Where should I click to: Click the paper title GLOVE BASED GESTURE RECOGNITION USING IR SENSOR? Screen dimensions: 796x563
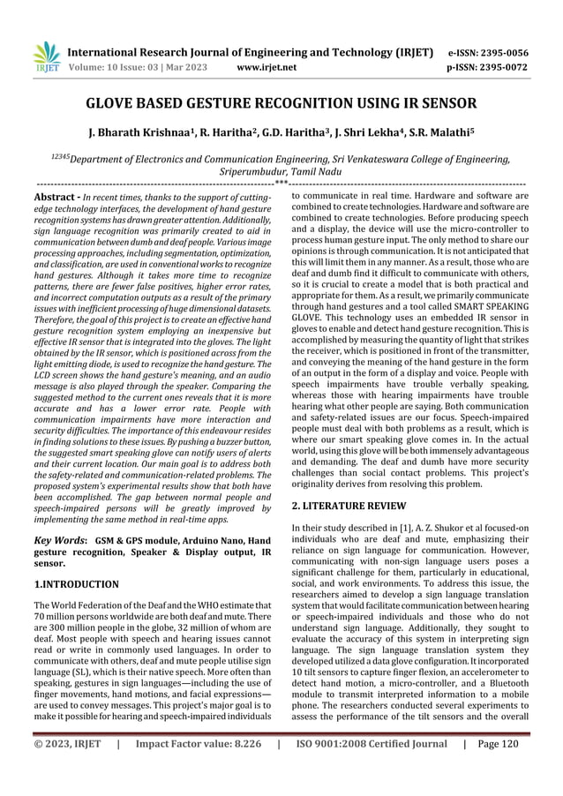point(281,103)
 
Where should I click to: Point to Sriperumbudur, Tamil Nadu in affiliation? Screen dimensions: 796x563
point(281,171)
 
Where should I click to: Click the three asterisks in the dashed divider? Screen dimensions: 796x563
point(281,184)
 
